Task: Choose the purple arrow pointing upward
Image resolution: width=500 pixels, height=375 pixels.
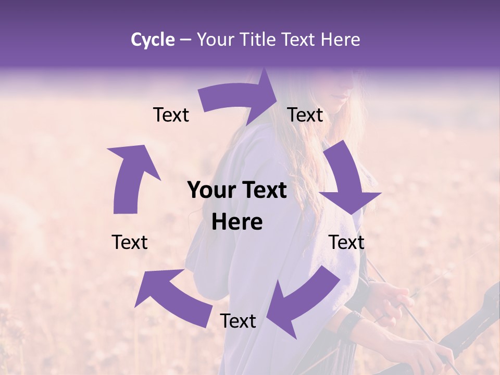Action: [x=130, y=177]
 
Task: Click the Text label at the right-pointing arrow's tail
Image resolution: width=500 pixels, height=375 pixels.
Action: [x=171, y=115]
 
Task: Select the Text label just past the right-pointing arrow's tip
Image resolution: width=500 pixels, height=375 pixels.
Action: [x=305, y=115]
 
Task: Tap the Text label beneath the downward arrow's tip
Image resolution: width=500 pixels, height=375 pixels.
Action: [x=346, y=242]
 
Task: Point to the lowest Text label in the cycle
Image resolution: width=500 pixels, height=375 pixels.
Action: [x=238, y=321]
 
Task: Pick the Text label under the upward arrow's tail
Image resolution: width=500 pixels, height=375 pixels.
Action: [x=130, y=242]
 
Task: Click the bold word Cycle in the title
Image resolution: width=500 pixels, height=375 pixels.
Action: [x=153, y=40]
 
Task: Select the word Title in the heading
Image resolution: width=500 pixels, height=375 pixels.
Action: [x=261, y=40]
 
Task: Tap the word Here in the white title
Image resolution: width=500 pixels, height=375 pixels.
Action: [x=340, y=40]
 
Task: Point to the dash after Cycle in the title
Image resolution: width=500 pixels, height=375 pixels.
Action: [x=185, y=40]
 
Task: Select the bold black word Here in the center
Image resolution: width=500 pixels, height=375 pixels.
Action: [x=237, y=222]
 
